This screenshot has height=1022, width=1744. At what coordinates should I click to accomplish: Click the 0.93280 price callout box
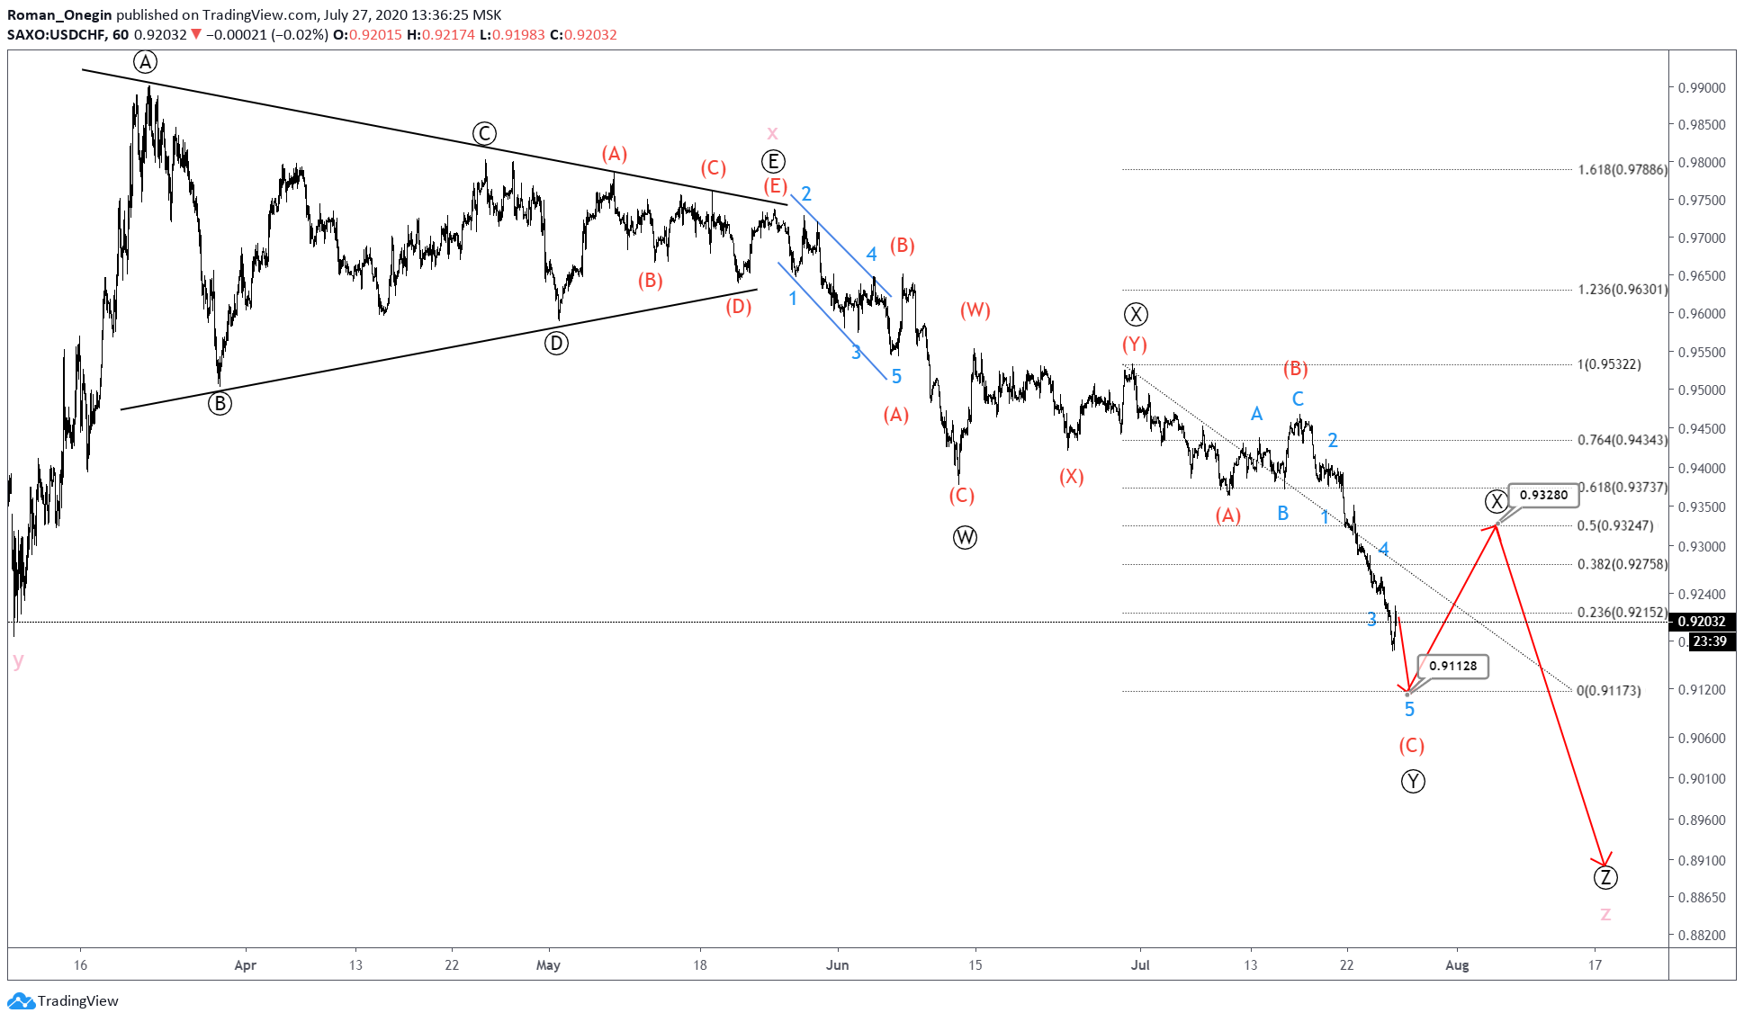coord(1543,495)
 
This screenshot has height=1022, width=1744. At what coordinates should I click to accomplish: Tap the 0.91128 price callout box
coord(1453,666)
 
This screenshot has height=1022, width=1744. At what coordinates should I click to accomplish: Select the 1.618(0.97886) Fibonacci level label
coord(1622,169)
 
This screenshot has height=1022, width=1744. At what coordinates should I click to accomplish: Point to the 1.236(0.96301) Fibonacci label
coord(1622,290)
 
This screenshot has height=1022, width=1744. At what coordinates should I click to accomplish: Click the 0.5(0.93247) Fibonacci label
coord(1614,525)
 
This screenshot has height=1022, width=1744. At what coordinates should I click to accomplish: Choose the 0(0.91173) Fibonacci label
coord(1608,691)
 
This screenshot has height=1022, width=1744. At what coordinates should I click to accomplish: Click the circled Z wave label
coord(1605,877)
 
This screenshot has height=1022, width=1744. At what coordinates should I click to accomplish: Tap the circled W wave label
coord(965,538)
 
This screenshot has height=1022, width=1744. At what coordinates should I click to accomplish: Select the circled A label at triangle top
coord(146,62)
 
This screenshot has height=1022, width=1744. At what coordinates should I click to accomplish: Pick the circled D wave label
coord(556,343)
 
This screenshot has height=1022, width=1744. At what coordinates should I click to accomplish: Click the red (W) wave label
coord(975,310)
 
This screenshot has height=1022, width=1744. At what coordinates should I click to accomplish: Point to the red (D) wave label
coord(738,307)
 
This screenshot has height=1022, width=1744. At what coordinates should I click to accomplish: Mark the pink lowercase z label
coord(1605,914)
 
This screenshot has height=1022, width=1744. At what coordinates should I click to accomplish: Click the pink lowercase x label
coord(772,133)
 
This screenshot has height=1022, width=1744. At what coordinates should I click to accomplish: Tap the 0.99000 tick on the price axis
coord(1702,87)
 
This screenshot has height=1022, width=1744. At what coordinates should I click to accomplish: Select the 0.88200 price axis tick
coord(1702,935)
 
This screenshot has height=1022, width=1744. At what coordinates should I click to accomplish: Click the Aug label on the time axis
coord(1456,965)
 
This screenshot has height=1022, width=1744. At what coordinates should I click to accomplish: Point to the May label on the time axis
coord(548,965)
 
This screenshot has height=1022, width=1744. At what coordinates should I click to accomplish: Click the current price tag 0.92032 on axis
coord(1702,622)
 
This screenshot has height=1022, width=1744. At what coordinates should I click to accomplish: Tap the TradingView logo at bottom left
coord(63,1000)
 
